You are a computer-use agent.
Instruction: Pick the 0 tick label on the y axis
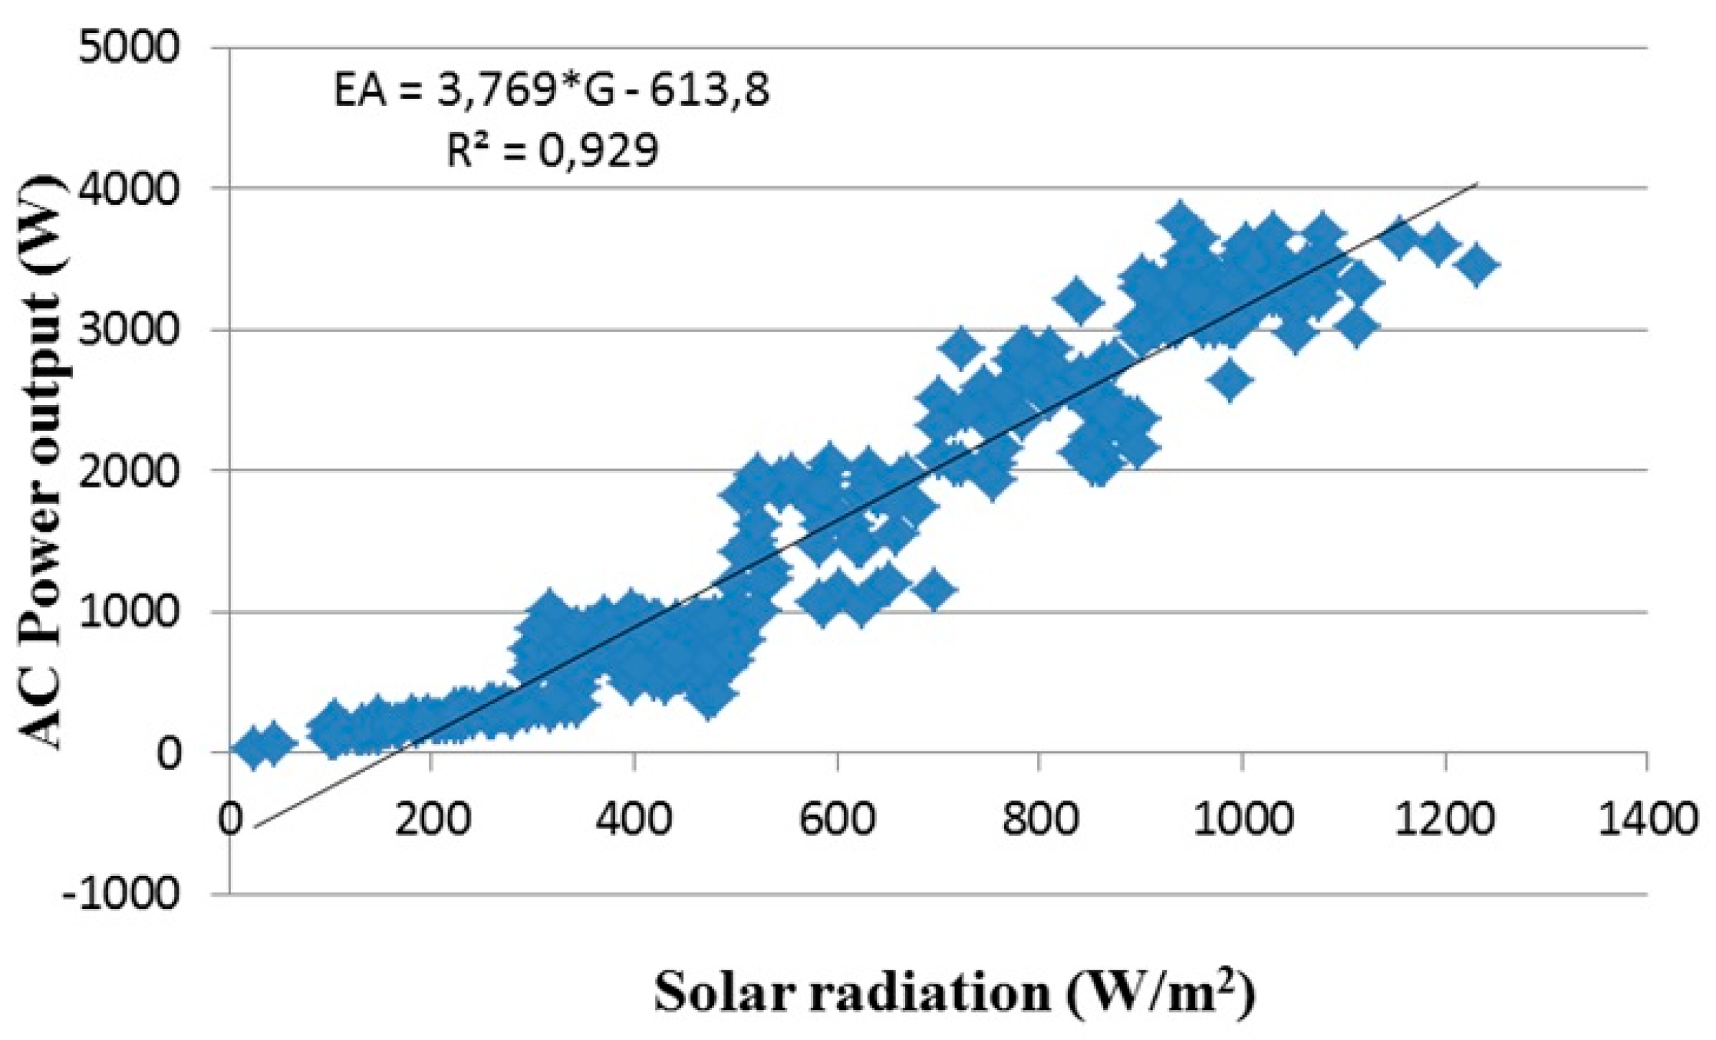click(170, 752)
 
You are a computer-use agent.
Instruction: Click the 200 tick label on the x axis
click(431, 818)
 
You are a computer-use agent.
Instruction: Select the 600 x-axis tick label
click(836, 818)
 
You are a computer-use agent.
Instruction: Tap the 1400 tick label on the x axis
click(1646, 818)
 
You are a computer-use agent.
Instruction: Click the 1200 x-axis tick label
click(1445, 818)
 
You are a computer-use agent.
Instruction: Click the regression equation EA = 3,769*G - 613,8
click(551, 91)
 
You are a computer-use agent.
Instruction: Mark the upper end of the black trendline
click(1477, 184)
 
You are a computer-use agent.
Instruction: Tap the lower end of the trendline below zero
click(255, 827)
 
